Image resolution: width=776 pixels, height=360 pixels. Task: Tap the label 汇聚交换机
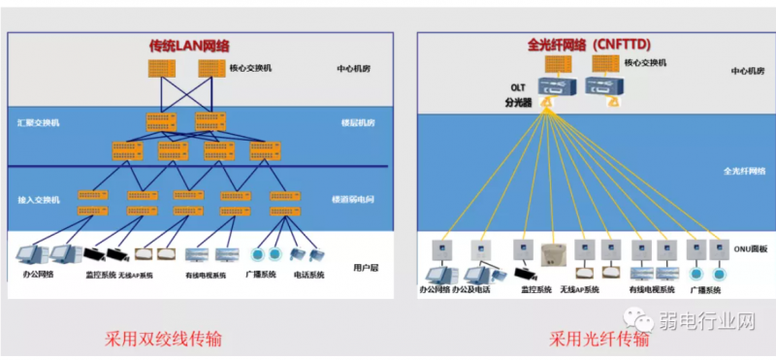pos(38,123)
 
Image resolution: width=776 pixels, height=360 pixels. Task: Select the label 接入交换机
pos(38,199)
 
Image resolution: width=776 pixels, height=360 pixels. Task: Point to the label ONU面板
pos(748,249)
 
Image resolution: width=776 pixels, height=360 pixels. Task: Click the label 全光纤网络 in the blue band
pos(744,170)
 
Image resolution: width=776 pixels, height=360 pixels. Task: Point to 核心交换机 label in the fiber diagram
pos(645,63)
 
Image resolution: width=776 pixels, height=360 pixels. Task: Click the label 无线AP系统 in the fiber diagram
pos(579,289)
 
